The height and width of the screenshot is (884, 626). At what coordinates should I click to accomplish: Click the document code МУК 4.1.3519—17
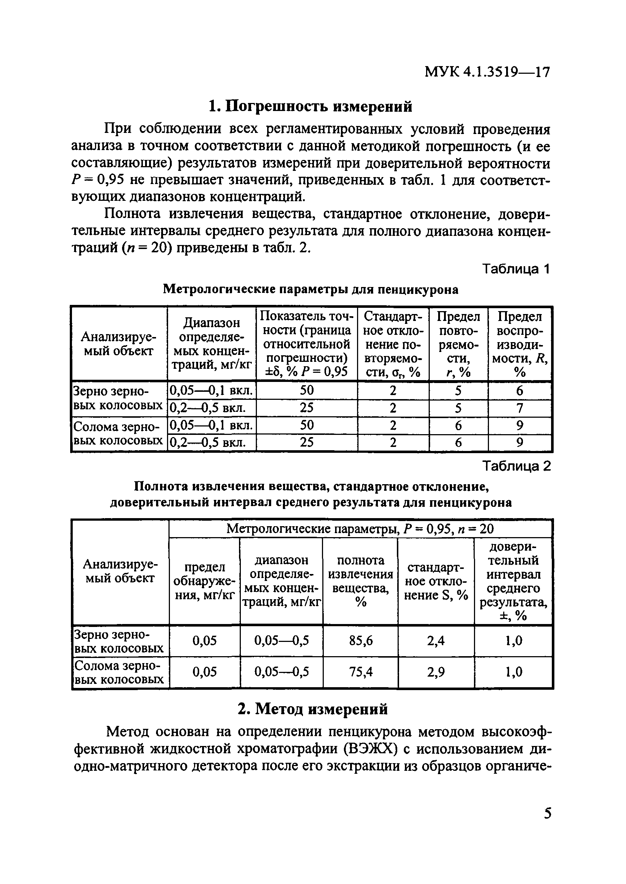tap(487, 72)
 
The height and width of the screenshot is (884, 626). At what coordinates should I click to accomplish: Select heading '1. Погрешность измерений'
tap(310, 106)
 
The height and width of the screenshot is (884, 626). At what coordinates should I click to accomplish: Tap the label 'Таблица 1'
tap(516, 269)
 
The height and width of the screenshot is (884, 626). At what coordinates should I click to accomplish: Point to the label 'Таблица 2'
tap(516, 466)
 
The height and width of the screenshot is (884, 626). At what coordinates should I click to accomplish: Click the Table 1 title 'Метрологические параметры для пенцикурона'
tap(311, 289)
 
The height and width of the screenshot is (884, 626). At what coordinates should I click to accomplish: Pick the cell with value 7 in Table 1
tap(519, 408)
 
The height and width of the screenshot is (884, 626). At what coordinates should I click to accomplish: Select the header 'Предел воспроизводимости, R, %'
tap(520, 344)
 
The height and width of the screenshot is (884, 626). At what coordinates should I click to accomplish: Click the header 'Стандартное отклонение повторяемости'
tap(393, 344)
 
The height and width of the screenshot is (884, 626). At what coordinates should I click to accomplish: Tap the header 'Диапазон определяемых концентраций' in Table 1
tap(211, 344)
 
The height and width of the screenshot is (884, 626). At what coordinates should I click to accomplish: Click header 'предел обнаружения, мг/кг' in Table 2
tap(204, 581)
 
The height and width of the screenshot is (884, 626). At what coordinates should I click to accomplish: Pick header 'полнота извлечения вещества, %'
tap(360, 581)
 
